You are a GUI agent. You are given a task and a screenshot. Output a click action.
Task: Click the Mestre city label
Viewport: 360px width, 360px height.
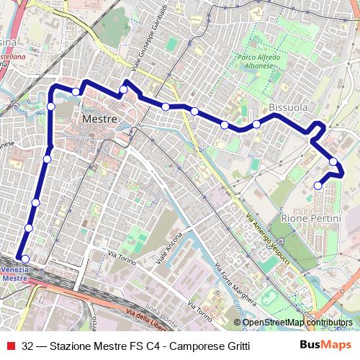pos(99,118)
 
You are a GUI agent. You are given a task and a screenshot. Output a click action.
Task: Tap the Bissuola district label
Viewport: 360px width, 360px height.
pos(288,107)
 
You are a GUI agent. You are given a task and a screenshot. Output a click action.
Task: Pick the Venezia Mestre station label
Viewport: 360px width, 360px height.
pos(14,274)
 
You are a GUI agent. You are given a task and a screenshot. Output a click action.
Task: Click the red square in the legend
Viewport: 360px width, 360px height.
pos(9,346)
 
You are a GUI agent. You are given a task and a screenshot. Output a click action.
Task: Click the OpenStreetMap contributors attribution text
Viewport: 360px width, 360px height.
pos(297,323)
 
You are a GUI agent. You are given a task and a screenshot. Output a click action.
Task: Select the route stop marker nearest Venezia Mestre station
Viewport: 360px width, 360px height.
pos(24,259)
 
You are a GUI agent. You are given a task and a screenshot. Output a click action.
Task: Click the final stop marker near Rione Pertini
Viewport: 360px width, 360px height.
pos(318,186)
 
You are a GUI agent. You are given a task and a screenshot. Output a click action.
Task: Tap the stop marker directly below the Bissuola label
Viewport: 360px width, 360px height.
pos(256,125)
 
